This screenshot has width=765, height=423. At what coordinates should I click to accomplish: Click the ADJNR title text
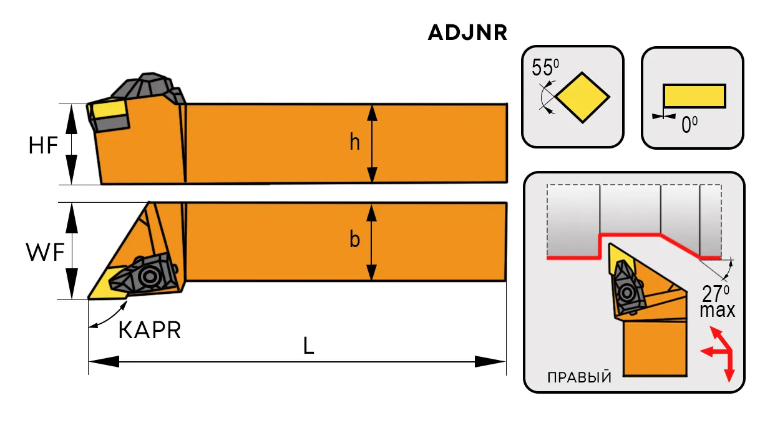[467, 33]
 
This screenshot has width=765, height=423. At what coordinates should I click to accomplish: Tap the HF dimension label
[43, 145]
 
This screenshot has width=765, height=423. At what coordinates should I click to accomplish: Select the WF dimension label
[45, 253]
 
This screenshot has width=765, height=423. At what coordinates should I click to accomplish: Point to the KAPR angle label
[150, 330]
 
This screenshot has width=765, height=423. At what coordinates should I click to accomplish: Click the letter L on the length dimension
[308, 346]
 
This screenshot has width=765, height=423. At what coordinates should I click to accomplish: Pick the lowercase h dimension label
[354, 142]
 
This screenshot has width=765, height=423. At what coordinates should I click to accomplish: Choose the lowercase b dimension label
[355, 239]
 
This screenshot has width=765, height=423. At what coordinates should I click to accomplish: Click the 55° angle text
[545, 67]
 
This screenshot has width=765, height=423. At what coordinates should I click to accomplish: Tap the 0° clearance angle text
[689, 125]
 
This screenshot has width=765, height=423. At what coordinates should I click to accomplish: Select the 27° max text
[717, 301]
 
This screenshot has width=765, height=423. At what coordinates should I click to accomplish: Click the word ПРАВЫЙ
[579, 377]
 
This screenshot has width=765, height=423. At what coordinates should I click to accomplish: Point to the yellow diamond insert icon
[583, 97]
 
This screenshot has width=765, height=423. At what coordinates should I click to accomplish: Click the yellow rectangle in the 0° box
[694, 96]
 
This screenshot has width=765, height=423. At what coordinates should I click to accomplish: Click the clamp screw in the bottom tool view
[149, 276]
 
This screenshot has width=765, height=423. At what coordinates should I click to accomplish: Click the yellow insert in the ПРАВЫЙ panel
[620, 258]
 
